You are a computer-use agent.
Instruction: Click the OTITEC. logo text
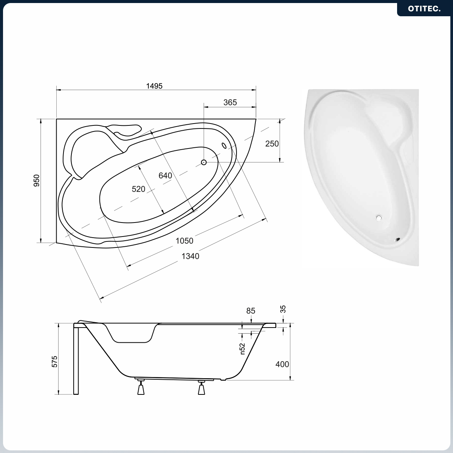coord(424,9)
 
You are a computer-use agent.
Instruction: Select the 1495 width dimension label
coord(154,86)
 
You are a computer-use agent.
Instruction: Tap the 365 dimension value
coord(230,102)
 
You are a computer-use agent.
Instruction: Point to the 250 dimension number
coord(272,144)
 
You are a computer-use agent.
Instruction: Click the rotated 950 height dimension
coord(37,181)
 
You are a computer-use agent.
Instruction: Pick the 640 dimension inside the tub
coord(165,175)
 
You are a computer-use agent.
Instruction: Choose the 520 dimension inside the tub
coord(138,189)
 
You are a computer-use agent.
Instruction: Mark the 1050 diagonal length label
coord(184,241)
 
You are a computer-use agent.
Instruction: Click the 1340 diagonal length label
coord(190,256)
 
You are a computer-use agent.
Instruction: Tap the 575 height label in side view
coord(55,362)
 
